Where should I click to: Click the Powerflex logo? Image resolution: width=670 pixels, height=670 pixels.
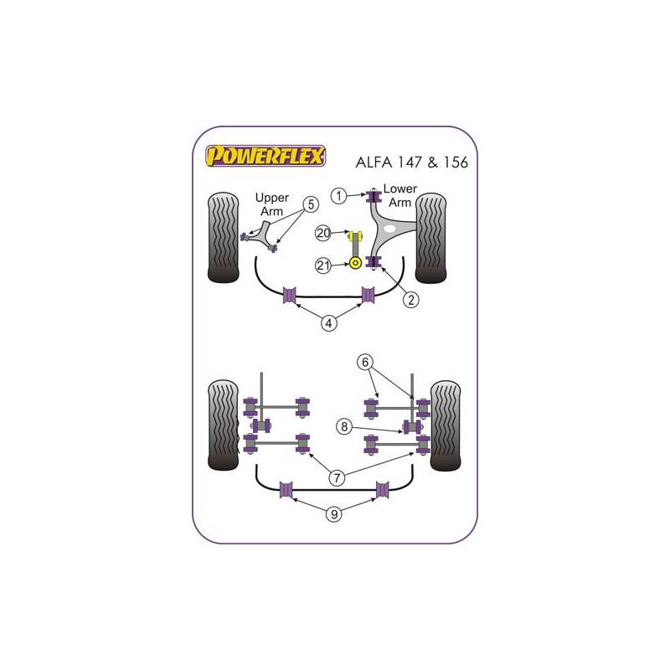(x=265, y=156)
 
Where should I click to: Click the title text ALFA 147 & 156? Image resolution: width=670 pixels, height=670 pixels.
(x=411, y=162)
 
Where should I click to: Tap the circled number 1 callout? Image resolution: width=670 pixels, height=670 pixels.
(x=339, y=196)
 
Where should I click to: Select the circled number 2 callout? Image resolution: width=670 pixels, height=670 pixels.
(x=411, y=300)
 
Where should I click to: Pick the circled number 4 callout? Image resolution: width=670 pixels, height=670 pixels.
(x=328, y=323)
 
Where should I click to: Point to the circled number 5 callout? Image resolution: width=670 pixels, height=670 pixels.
(x=311, y=204)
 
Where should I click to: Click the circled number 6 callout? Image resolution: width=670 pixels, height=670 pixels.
(x=365, y=363)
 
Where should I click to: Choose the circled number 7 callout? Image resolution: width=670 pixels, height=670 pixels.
(x=337, y=477)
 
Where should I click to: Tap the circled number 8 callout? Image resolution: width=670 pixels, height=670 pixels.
(x=344, y=426)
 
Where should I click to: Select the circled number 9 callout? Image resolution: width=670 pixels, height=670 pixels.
(x=334, y=514)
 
